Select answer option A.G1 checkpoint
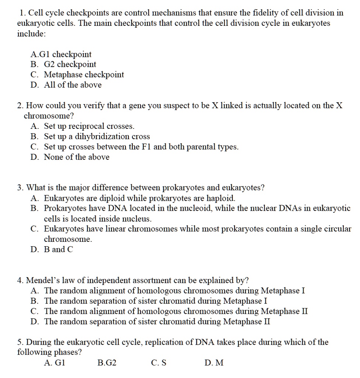(x=61, y=54)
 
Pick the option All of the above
(x=72, y=85)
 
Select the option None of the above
(x=76, y=157)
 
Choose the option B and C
(x=58, y=250)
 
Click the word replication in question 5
(x=162, y=342)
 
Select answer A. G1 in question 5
(x=54, y=363)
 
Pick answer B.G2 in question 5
(x=107, y=363)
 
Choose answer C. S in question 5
(x=159, y=363)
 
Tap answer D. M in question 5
(x=214, y=363)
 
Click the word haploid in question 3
(x=220, y=198)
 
